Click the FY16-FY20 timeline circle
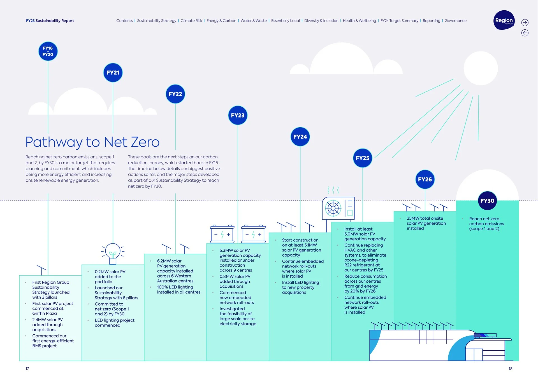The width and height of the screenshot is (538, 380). [48, 51]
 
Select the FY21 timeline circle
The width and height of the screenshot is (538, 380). [113, 73]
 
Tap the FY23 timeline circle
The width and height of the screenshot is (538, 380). [238, 115]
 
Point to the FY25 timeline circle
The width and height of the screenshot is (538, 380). [363, 158]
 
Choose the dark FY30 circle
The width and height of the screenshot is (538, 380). [487, 201]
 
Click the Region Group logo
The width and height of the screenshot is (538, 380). [504, 20]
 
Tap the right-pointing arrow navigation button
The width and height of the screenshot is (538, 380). [525, 23]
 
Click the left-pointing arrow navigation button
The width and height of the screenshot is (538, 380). [525, 33]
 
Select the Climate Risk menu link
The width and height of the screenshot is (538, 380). [191, 21]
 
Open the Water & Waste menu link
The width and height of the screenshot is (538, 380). [254, 21]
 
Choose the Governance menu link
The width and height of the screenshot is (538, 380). [455, 21]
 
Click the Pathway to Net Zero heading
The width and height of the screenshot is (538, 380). [92, 142]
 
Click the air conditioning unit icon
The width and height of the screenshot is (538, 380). [338, 208]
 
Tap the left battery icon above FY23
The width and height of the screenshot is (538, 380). [222, 234]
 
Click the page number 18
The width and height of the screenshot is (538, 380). [510, 369]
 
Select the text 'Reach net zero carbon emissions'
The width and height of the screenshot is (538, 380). [486, 224]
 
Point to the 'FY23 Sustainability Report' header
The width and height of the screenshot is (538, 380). [50, 21]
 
